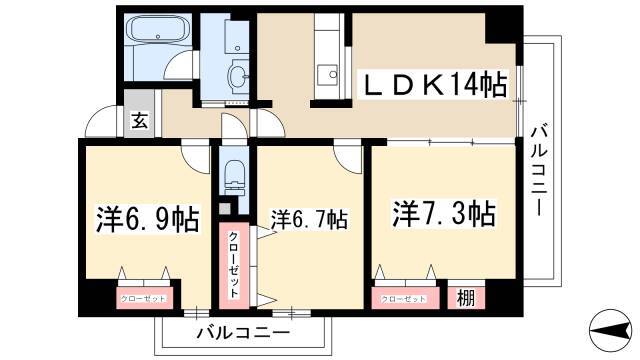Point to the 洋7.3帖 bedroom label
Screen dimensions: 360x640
click(x=444, y=213)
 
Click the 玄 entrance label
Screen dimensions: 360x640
click(x=138, y=122)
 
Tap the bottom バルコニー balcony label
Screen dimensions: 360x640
click(x=242, y=332)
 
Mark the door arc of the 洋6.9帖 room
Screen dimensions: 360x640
click(x=196, y=154)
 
